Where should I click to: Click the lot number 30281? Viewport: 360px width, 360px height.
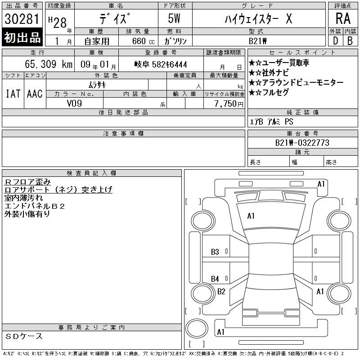coord(22,19)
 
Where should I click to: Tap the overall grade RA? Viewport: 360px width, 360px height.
coord(343,18)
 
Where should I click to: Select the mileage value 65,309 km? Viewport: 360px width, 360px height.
coord(49,64)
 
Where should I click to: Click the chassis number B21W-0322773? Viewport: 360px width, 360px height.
coord(302,143)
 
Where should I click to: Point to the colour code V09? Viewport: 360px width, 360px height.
coord(74,103)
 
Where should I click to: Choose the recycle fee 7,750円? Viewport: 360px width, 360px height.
coord(229,103)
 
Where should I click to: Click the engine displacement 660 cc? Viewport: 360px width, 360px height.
coord(143,41)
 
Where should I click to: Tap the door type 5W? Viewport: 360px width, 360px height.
coord(174,18)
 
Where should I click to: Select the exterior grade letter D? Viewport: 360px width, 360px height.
coord(335,41)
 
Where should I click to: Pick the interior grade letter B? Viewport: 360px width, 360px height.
coord(350,41)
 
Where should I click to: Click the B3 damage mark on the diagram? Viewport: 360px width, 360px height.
coord(215,252)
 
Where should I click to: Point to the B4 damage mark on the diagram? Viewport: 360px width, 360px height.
coord(215,279)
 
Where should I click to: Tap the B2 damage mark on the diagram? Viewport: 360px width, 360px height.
coord(221,292)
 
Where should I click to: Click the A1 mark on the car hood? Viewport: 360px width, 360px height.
coord(251,216)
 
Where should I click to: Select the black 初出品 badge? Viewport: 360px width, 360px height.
coord(22,37)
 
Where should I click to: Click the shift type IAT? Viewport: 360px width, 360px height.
coord(13,94)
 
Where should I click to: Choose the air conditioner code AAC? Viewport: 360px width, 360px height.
coord(35,94)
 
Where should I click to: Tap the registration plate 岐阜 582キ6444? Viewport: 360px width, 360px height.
coord(161,64)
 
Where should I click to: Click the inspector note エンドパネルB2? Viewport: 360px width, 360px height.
coord(35,206)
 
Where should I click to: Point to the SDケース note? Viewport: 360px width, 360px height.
coord(24,336)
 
